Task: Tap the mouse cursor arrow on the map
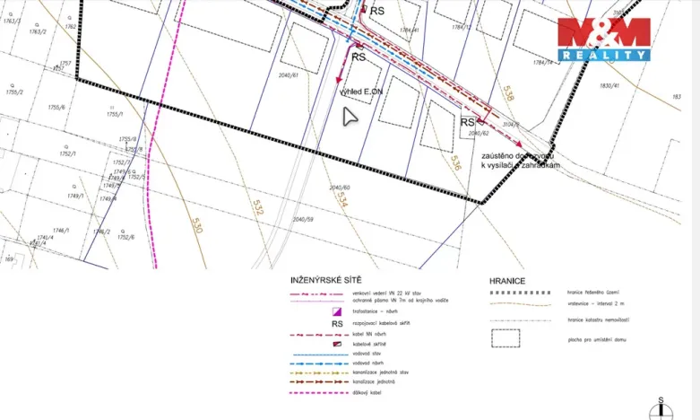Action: (350, 117)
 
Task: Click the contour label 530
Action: (196, 224)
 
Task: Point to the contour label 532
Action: (258, 208)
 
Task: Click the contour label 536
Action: (455, 162)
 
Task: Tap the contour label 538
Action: (509, 92)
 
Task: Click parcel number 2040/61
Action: (289, 75)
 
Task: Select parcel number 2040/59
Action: (303, 219)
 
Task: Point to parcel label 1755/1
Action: (114, 114)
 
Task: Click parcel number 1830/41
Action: (609, 85)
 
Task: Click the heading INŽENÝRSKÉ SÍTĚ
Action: (326, 280)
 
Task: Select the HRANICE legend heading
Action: (507, 281)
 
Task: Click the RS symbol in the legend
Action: (338, 324)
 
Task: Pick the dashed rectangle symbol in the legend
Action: (506, 338)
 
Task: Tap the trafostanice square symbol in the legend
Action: (338, 311)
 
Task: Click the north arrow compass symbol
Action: (661, 408)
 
